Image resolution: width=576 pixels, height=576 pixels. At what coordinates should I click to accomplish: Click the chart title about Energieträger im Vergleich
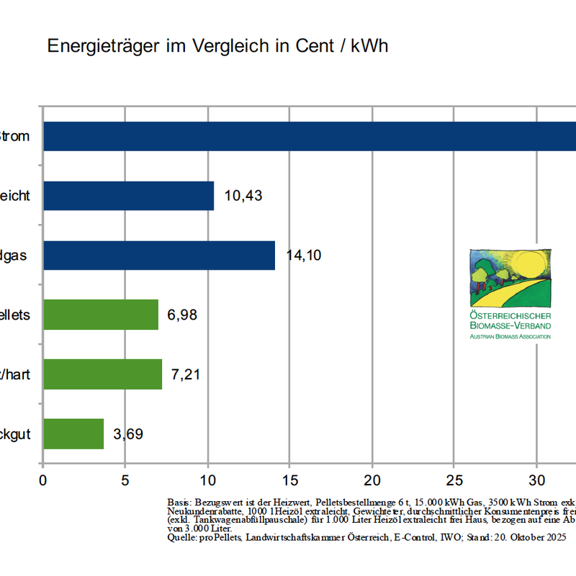[x=217, y=46]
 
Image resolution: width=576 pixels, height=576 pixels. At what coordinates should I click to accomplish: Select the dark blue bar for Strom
[x=310, y=136]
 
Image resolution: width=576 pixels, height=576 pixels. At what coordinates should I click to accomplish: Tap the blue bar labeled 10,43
[x=129, y=196]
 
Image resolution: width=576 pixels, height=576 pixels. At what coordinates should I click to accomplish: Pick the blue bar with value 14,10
[x=159, y=256]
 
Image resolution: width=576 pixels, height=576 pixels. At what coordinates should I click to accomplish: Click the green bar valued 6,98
[x=101, y=315]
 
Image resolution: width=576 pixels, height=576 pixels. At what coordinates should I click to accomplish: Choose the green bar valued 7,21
[x=103, y=374]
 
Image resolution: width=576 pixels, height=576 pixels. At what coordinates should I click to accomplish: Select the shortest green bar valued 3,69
[x=73, y=433]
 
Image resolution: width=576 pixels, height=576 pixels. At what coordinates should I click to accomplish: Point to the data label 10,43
[x=243, y=196]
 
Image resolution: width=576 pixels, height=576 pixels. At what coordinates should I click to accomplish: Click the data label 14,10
[x=305, y=256]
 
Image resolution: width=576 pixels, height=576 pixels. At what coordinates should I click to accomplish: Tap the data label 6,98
[x=182, y=315]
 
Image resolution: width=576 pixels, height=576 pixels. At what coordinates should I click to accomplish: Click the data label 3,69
[x=128, y=433]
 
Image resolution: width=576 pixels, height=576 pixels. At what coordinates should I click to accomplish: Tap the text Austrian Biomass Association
[x=510, y=336]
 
